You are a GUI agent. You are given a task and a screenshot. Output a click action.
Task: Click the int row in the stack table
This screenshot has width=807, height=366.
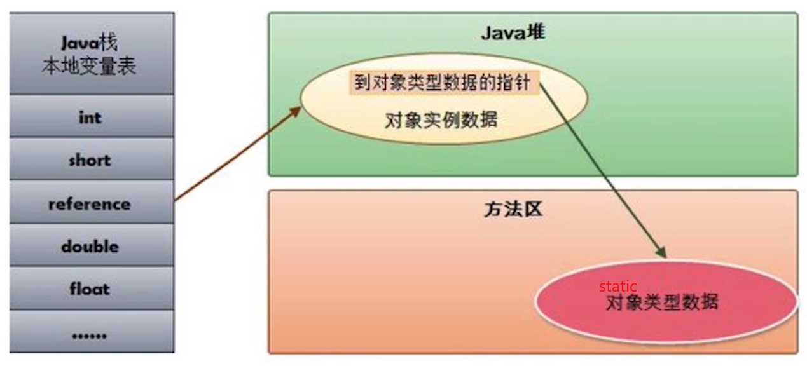coord(90,118)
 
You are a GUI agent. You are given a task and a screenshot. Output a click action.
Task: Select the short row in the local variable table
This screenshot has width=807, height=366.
coord(90,160)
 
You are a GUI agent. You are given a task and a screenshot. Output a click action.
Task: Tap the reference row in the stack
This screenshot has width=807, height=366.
coord(90,204)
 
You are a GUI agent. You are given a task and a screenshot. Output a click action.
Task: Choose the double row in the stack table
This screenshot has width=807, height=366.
coord(90,247)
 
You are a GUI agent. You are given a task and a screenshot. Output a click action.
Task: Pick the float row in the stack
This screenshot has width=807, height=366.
coord(90,289)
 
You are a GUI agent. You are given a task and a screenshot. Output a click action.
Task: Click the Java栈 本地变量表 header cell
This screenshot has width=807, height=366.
coord(90,55)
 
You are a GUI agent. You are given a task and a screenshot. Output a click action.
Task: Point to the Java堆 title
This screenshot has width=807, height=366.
coord(513,32)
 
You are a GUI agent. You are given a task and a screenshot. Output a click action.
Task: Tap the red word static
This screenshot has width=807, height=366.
coord(617,287)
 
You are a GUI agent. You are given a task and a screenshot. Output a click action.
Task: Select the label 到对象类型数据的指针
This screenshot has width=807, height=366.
coord(442,83)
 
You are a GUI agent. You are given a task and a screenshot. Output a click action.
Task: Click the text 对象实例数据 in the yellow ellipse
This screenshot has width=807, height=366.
coord(441,119)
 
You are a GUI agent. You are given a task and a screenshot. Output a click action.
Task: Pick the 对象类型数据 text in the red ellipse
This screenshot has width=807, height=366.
coord(662,302)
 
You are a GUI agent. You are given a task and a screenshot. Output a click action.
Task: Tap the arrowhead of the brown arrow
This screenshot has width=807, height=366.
coord(296,110)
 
